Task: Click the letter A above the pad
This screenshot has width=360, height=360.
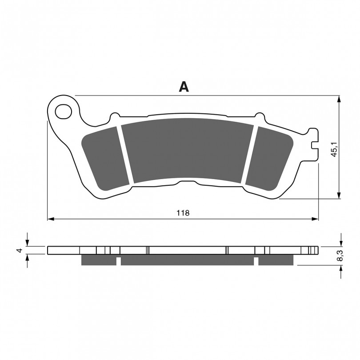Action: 184,87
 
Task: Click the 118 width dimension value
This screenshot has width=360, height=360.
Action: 183,213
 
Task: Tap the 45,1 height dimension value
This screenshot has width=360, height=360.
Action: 334,149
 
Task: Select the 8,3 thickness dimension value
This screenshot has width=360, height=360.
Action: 340,256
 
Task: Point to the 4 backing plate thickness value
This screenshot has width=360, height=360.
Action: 20,250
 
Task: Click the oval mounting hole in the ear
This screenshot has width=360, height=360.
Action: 64,112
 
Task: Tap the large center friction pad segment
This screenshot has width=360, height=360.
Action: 188,151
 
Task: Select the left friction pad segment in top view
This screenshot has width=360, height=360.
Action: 104,159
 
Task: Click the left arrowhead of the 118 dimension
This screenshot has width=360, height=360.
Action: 51,219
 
